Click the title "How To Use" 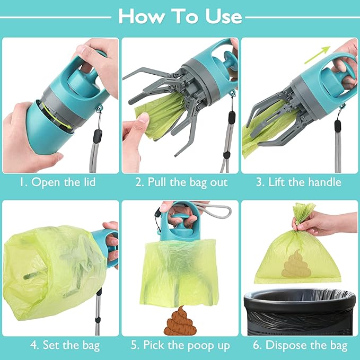tap(180, 16)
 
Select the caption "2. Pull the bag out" tap(181, 182)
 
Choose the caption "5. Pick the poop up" tap(181, 346)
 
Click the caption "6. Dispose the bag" tap(299, 346)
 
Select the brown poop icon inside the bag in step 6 tap(293, 264)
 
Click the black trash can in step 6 tap(300, 312)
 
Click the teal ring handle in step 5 tap(181, 217)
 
